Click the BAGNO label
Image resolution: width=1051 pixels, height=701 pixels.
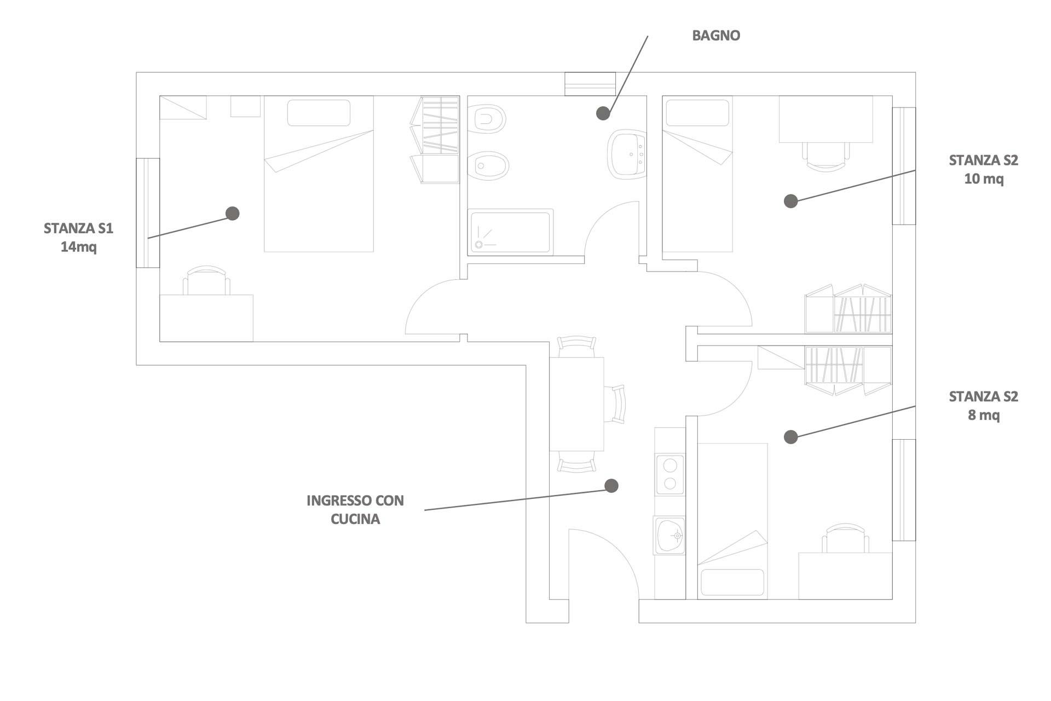(x=716, y=36)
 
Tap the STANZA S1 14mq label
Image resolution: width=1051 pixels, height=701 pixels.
(x=78, y=237)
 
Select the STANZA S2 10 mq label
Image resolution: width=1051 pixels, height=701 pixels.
(x=983, y=169)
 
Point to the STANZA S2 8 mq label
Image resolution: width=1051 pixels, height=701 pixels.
(x=983, y=405)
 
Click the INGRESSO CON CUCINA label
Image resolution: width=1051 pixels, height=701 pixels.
(x=355, y=509)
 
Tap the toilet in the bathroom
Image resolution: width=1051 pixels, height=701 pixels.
(x=489, y=119)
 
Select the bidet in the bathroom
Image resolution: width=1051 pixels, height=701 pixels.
(x=489, y=165)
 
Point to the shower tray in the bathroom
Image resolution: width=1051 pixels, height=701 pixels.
(x=510, y=232)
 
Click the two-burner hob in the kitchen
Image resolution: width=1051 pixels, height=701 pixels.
(x=670, y=474)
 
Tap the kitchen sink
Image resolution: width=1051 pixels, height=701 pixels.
(x=670, y=535)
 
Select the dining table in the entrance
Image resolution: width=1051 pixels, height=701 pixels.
(x=576, y=404)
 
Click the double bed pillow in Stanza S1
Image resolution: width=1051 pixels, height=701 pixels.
(x=319, y=113)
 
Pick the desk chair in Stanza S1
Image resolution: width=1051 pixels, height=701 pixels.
(x=206, y=281)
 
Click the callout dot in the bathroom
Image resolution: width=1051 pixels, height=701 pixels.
(x=603, y=113)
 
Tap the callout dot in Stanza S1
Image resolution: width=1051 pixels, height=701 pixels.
(x=233, y=213)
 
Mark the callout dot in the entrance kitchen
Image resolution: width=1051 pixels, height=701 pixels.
(x=611, y=485)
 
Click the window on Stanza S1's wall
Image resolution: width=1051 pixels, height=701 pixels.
(x=148, y=213)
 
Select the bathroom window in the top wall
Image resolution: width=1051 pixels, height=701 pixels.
(x=590, y=84)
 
